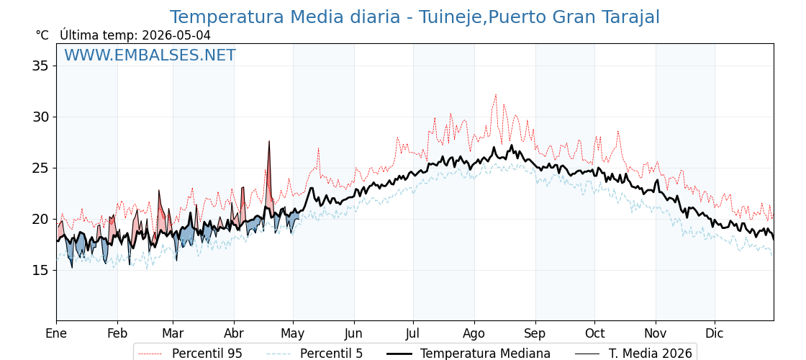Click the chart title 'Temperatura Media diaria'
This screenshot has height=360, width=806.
click(285, 17)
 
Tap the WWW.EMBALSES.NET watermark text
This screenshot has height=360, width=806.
click(150, 55)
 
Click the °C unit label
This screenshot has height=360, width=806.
click(42, 35)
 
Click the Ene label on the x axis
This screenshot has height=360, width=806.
click(56, 334)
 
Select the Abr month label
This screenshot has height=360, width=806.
click(234, 334)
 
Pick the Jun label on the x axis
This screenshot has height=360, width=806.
click(354, 334)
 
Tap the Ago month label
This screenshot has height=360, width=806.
click(474, 334)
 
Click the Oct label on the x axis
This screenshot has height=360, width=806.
click(594, 334)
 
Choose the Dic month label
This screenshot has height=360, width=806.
click(715, 334)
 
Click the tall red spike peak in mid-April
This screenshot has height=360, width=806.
click(269, 141)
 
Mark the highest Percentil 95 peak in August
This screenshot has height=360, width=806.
click(496, 94)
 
